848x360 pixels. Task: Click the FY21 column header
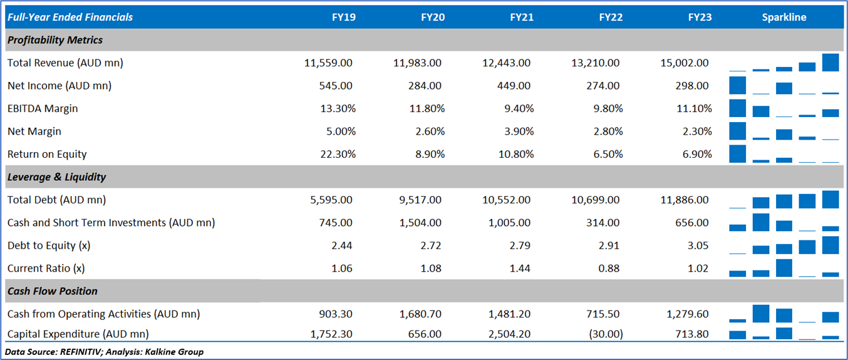point(522,18)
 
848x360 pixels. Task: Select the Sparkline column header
point(784,18)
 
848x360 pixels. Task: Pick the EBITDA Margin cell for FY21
point(517,109)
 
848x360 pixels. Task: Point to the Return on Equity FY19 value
point(337,155)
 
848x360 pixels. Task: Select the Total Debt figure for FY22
point(596,200)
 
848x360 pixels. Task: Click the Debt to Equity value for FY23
point(698,246)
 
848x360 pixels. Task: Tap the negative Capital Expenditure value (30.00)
point(606,334)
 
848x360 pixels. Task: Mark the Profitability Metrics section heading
point(55,40)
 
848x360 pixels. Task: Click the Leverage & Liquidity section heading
point(56,177)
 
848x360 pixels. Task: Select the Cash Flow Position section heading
point(53,291)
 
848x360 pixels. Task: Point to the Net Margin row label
point(34,131)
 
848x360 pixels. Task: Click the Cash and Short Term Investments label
point(111,223)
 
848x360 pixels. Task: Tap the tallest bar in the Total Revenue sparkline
point(830,63)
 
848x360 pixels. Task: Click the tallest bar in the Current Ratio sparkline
point(784,268)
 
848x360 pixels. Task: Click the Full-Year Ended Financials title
point(70,18)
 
